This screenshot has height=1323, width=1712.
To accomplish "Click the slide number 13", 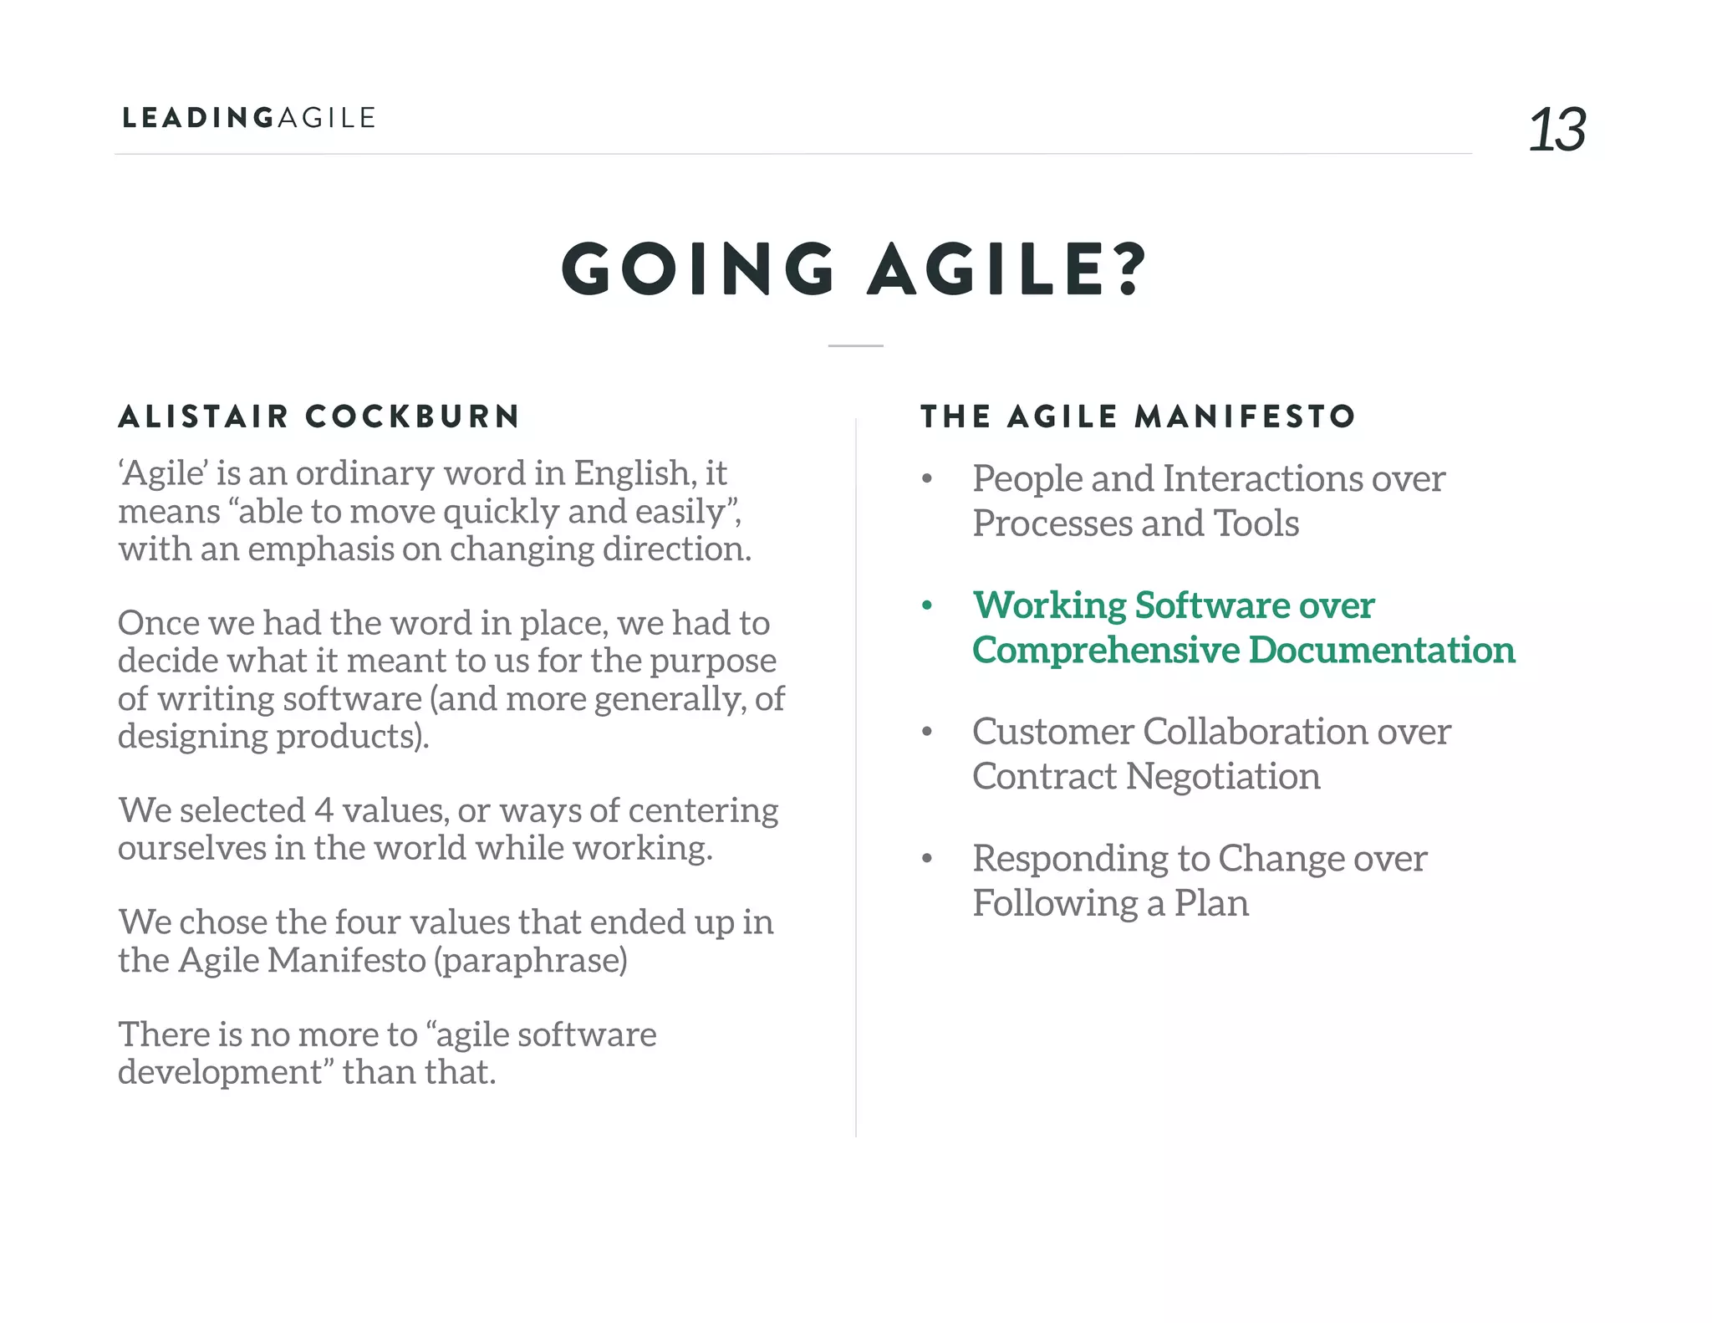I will [1557, 130].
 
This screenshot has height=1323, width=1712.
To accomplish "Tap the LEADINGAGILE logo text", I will [249, 118].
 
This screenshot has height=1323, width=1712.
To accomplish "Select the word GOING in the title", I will [699, 269].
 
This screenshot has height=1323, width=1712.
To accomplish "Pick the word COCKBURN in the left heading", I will [412, 416].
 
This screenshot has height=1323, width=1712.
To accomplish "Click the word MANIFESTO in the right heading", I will [1245, 416].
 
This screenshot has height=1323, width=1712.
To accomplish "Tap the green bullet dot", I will [926, 605].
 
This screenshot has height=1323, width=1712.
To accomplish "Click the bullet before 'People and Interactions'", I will [926, 479].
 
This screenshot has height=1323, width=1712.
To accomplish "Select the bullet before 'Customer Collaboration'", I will [926, 732].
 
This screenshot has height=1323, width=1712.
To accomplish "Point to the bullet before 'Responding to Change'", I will [926, 859].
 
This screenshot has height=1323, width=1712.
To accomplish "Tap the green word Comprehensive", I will [1106, 651].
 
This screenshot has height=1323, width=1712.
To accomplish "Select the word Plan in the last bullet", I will [1211, 903].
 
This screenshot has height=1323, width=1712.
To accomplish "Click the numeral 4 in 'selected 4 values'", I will [324, 810].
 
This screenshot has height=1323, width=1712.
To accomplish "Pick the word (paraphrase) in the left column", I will [530, 961].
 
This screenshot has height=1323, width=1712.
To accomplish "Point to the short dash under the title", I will [855, 345].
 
